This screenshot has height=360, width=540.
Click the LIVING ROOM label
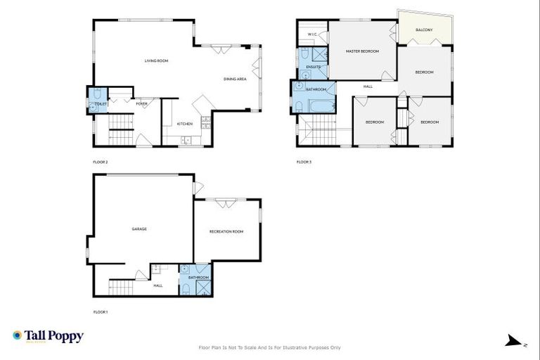[156, 61]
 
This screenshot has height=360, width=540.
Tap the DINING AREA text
[235, 79]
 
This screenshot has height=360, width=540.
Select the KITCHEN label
[185, 124]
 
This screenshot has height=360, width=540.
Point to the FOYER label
[142, 103]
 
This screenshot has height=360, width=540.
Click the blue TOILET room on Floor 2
[96, 99]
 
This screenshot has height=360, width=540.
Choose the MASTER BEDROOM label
[362, 51]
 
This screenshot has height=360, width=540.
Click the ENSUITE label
[314, 67]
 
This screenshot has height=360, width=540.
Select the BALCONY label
[424, 30]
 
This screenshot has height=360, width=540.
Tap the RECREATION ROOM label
[226, 231]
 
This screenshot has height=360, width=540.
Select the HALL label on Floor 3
[368, 86]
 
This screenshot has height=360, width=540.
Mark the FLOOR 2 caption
[101, 162]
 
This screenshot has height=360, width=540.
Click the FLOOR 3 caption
[304, 162]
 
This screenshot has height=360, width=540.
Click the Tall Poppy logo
[48, 336]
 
